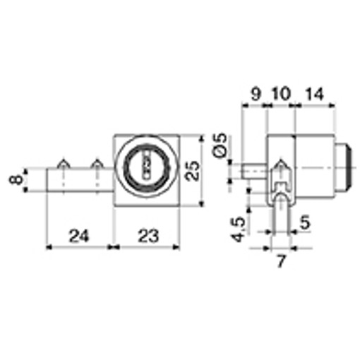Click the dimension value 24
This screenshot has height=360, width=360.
[x=79, y=236]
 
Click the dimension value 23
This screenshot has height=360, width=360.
[x=148, y=236]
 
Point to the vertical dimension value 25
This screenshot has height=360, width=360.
[x=192, y=171]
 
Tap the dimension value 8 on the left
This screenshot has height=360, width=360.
[x=16, y=180]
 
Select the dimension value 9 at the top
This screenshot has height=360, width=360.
[x=256, y=94]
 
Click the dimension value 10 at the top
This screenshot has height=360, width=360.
[x=281, y=94]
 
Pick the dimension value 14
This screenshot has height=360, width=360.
[x=315, y=94]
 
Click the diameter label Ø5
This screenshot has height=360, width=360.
[x=220, y=145]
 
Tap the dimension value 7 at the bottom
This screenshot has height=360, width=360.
[x=281, y=261]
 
